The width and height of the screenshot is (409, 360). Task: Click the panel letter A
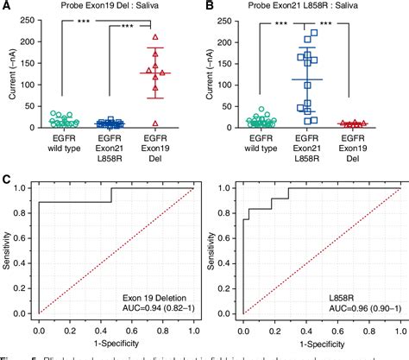(x=6, y=6)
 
